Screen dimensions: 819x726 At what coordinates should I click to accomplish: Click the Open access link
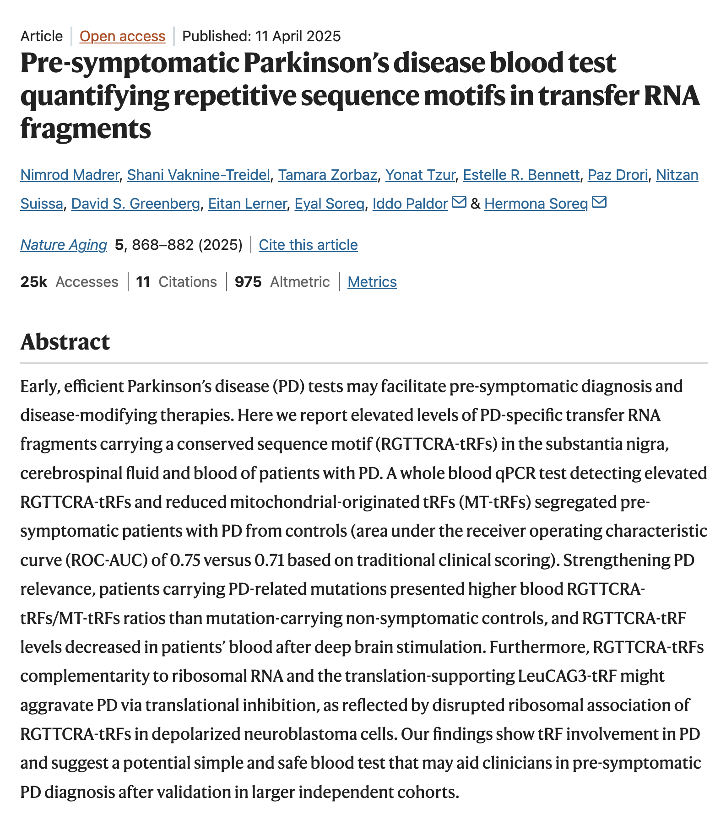[x=122, y=36]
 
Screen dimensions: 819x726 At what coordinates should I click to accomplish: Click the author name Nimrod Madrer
[x=70, y=175]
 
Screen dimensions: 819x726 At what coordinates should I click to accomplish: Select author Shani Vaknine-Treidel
[x=198, y=175]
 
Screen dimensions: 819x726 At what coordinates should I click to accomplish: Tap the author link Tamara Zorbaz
[x=327, y=175]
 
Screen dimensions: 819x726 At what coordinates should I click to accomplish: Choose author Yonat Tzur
[x=420, y=175]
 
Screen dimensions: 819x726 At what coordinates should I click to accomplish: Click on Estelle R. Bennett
[x=521, y=175]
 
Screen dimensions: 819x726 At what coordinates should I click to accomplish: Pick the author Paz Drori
[x=618, y=175]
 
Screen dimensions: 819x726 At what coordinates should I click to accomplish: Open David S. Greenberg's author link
[x=135, y=204]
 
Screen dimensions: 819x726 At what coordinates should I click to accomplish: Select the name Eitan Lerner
[x=247, y=204]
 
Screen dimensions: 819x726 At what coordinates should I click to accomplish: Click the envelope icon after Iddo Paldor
[x=459, y=202]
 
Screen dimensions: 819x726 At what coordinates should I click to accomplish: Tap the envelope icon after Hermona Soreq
[x=599, y=202]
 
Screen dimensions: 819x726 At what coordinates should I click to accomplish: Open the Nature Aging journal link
[x=64, y=245]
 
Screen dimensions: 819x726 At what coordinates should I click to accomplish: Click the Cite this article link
[x=308, y=245]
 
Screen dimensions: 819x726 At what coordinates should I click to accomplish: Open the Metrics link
[x=372, y=282]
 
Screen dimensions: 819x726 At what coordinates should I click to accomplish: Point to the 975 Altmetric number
[x=248, y=282]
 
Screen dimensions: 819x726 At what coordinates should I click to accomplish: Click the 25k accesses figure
[x=34, y=282]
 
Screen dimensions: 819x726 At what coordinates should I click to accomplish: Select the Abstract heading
[x=65, y=342]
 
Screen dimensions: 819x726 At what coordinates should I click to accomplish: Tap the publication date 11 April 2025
[x=298, y=36]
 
